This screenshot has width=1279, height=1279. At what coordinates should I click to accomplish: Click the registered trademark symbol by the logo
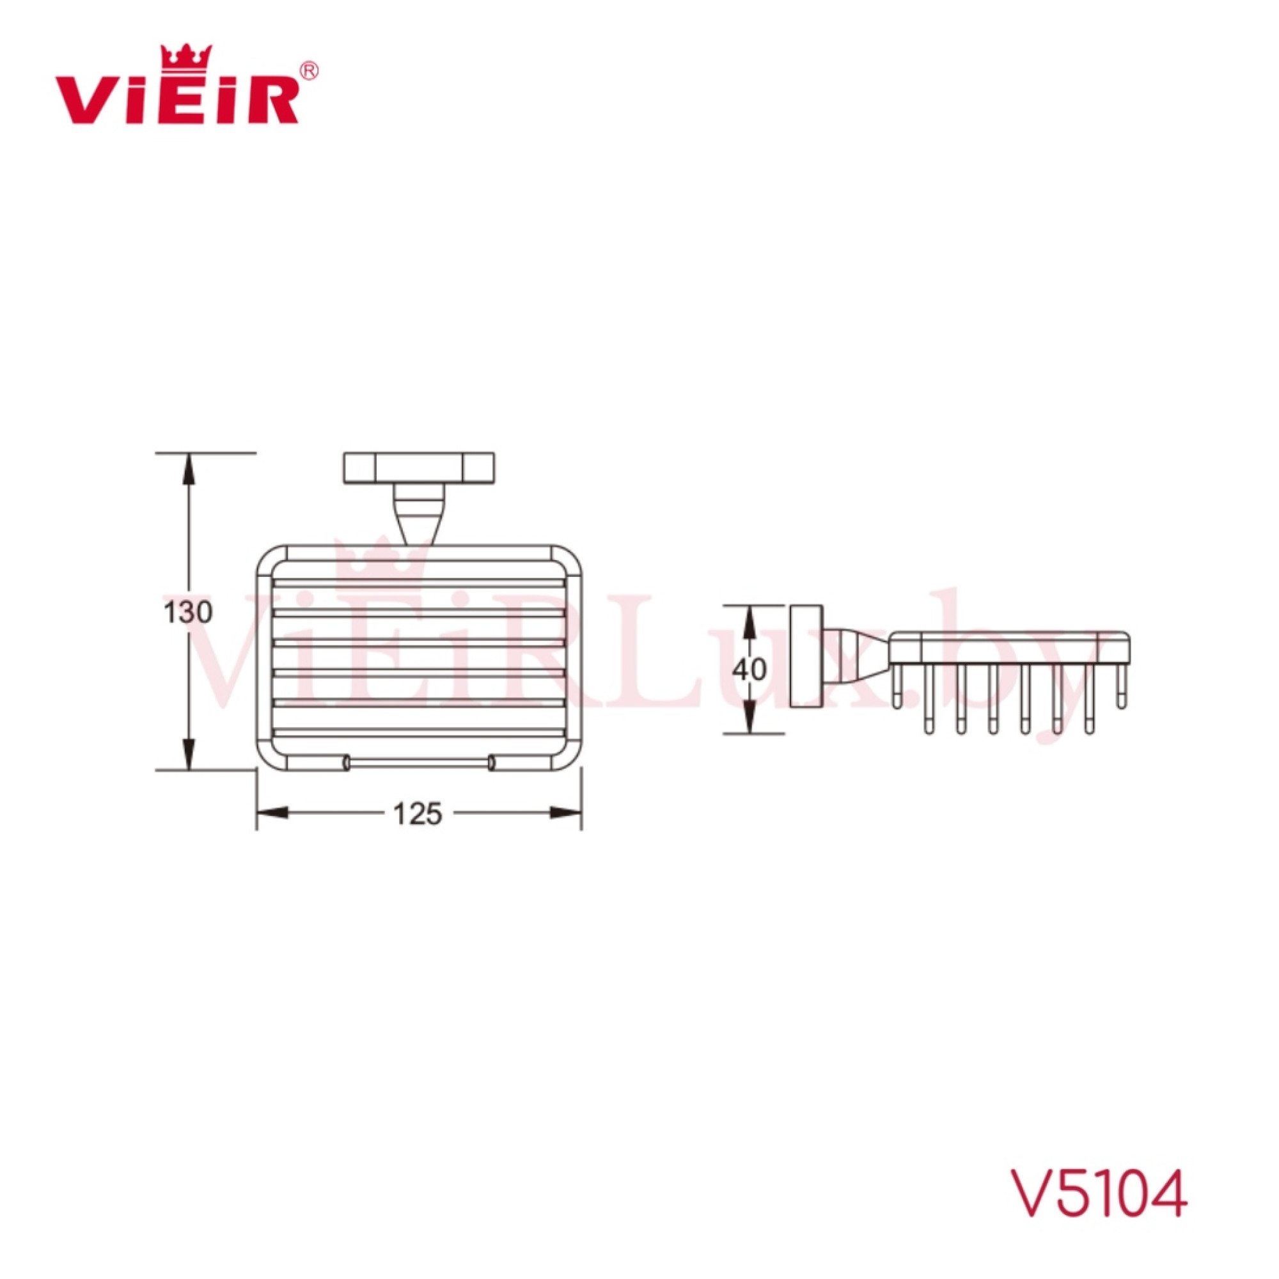tap(309, 70)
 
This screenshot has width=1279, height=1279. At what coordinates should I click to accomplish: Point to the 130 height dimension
tap(188, 613)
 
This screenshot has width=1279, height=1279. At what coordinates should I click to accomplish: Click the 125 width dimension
tap(417, 814)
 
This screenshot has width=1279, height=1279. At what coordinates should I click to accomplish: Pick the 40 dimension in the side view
tap(749, 670)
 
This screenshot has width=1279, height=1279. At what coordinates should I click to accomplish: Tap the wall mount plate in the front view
tap(419, 468)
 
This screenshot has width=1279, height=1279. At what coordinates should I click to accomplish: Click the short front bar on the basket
tap(418, 764)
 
